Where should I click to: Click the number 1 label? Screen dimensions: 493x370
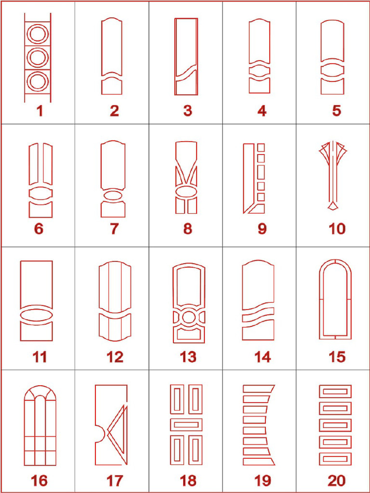click(x=40, y=111)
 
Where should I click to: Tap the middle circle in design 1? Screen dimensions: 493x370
click(x=38, y=57)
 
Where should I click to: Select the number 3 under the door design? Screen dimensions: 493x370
click(x=187, y=111)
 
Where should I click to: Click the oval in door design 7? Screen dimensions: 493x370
click(x=113, y=195)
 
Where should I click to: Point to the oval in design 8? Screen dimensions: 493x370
click(x=186, y=192)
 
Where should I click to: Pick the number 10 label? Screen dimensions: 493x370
click(x=337, y=229)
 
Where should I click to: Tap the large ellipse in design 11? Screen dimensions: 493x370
click(x=36, y=314)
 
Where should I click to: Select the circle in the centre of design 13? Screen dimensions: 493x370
click(x=189, y=317)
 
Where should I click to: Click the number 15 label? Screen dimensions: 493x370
click(x=337, y=357)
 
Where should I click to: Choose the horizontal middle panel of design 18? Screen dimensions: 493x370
click(x=186, y=425)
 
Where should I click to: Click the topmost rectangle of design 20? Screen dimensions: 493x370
click(x=335, y=391)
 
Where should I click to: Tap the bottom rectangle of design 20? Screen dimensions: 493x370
click(x=335, y=459)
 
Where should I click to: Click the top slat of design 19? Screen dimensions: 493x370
click(x=258, y=389)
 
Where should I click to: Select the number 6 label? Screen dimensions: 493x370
click(x=39, y=229)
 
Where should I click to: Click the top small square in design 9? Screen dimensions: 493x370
click(x=261, y=147)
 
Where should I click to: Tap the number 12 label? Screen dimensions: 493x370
click(x=115, y=357)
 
